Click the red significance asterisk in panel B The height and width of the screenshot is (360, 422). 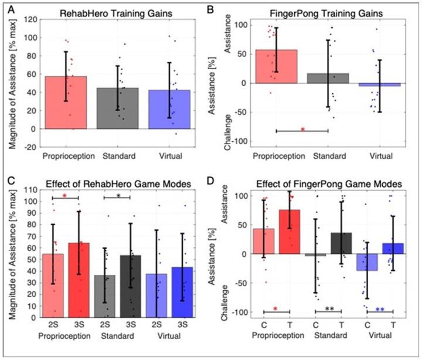pos(302,128)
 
